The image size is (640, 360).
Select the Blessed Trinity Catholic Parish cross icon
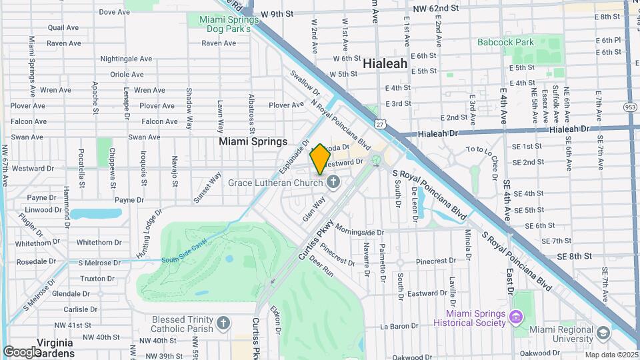[223, 324]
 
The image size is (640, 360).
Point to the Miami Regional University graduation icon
[603, 333]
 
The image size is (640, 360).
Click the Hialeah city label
[385, 63]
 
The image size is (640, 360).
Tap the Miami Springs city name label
[253, 142]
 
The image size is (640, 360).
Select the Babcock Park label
[506, 43]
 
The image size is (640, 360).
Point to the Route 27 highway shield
[379, 124]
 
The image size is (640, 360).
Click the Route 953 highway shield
[631, 107]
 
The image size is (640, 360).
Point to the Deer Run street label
[321, 268]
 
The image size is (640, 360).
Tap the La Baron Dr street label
[398, 327]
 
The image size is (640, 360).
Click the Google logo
[22, 351]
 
